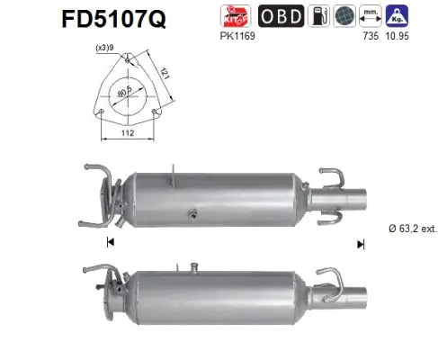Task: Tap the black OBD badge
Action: [x=280, y=15]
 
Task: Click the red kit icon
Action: [x=237, y=15]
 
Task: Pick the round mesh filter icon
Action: [x=342, y=15]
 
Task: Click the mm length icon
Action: [x=369, y=15]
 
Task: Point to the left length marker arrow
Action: [x=110, y=242]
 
